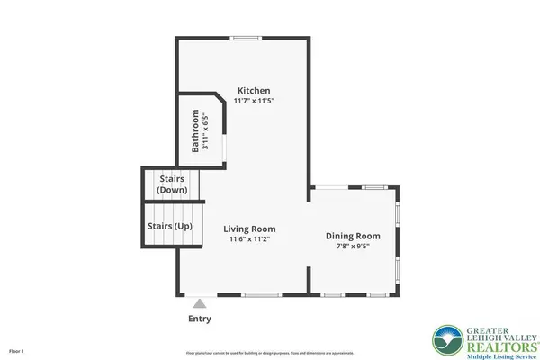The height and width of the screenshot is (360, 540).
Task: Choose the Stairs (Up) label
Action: pos(169,226)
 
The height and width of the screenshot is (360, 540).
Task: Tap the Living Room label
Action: pos(249,229)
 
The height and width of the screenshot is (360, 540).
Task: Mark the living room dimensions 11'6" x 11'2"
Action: pos(249,240)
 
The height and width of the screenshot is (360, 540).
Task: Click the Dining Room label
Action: pos(353,236)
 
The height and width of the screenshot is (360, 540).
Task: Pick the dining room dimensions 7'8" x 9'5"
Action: pos(353,247)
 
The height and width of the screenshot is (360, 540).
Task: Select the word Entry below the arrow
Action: pos(201,319)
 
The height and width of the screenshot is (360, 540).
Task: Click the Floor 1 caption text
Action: pos(17,350)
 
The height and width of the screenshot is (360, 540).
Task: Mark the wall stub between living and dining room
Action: pos(310,280)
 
